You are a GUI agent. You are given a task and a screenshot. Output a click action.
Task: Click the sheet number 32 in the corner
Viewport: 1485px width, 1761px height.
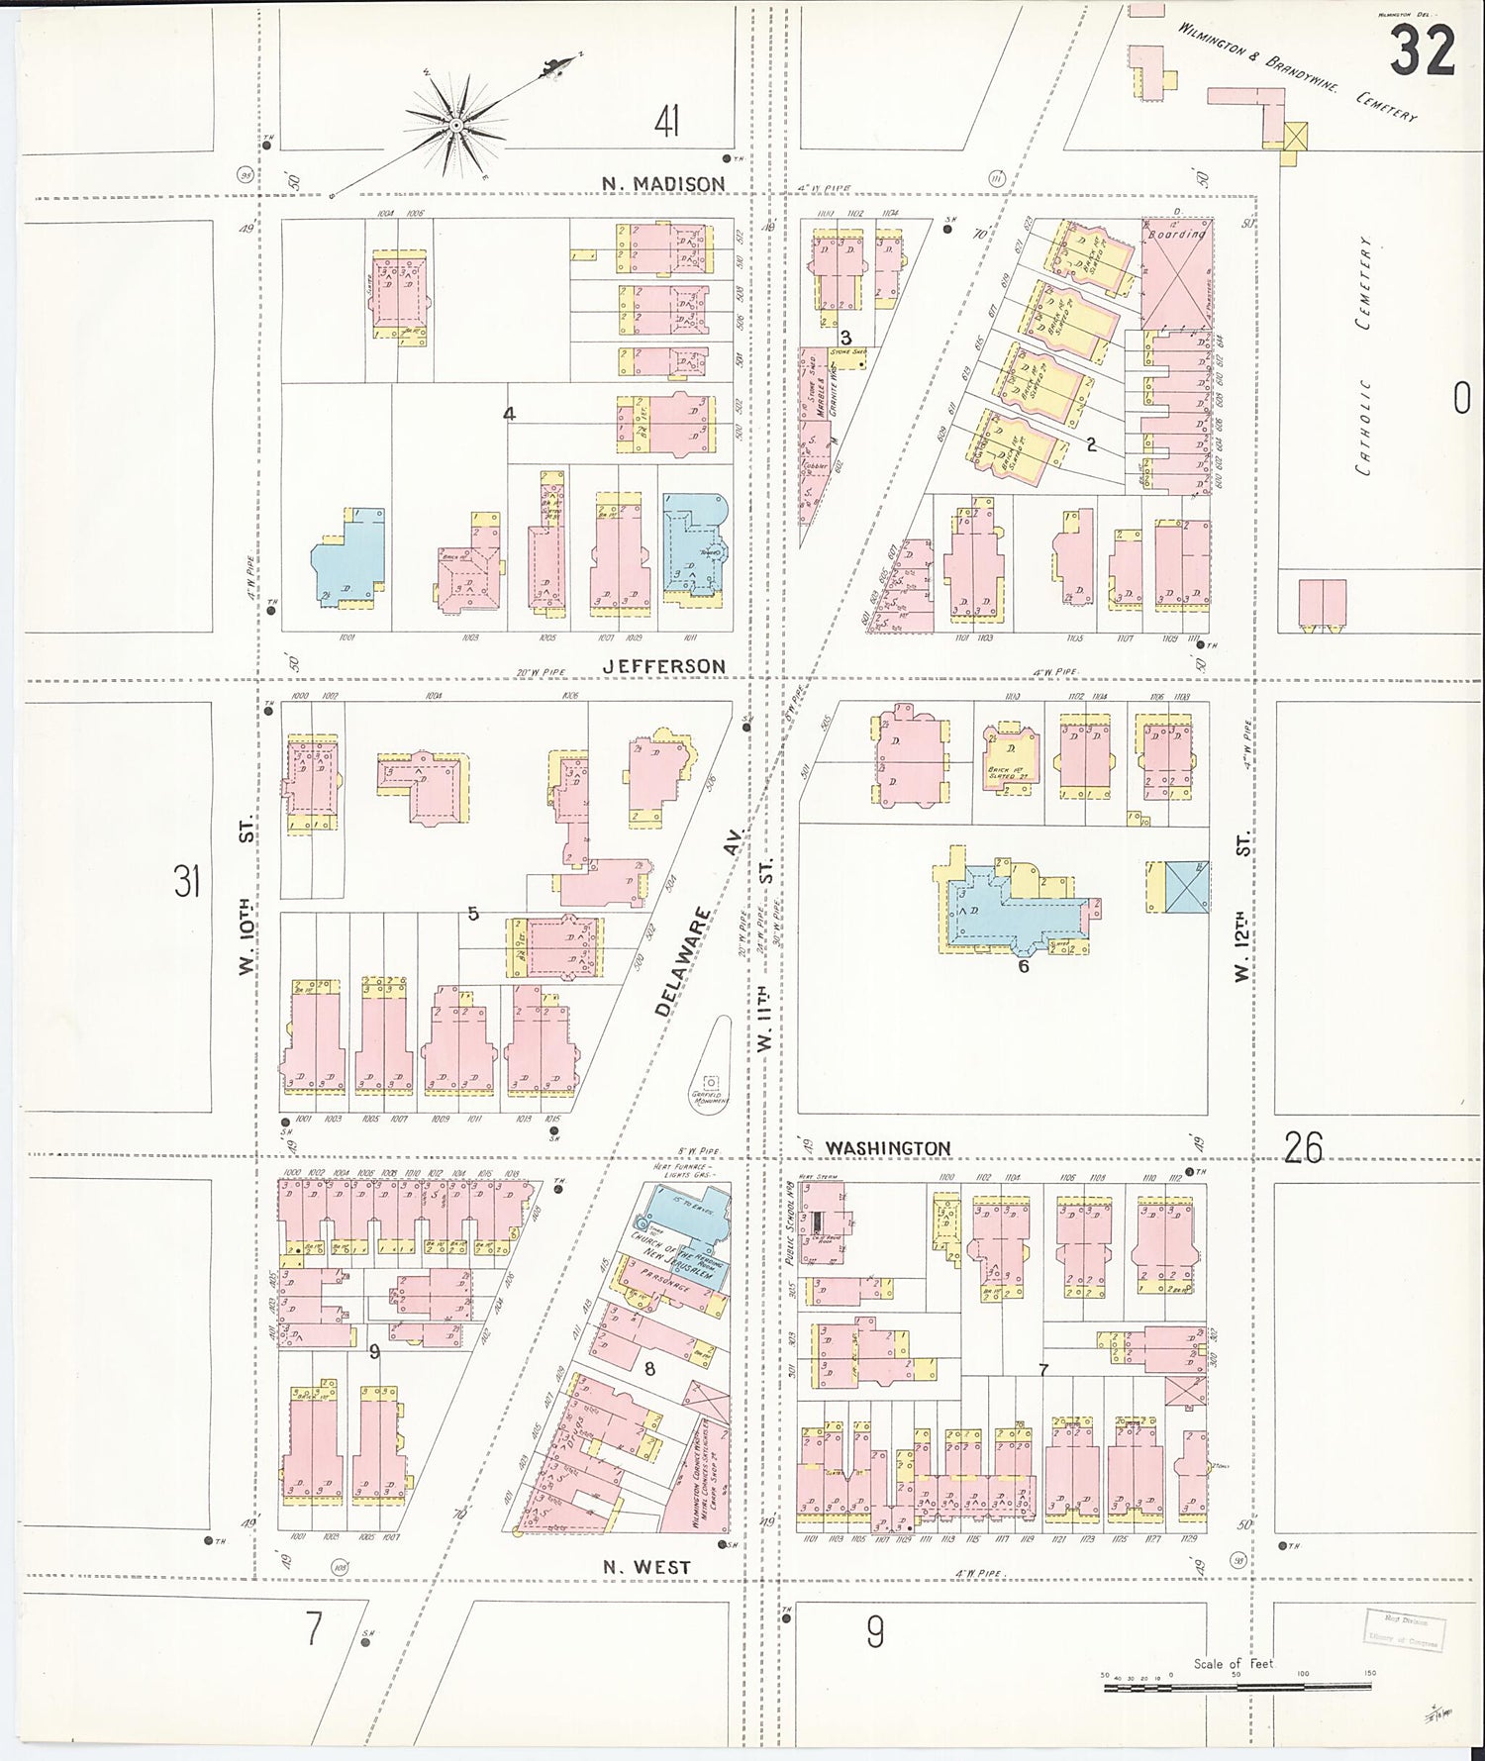pos(1423,51)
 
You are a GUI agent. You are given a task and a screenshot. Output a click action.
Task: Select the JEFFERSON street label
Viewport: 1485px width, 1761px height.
pos(664,666)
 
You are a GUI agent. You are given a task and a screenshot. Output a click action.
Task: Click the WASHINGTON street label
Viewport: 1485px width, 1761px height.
pos(887,1147)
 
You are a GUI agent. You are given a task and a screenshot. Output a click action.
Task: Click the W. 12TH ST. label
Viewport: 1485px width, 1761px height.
pos(1243,906)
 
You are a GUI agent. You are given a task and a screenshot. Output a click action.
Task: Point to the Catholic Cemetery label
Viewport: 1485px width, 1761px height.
pos(1366,356)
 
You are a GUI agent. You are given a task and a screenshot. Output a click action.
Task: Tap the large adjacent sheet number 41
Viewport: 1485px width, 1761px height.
pos(666,124)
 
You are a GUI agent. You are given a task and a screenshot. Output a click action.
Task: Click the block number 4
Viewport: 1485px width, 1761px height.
pos(509,414)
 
